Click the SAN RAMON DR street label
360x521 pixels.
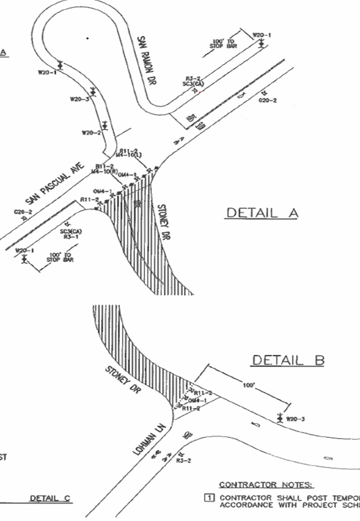147,61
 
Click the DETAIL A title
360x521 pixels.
262,213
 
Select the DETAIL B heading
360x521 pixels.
288,360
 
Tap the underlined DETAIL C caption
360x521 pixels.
50,498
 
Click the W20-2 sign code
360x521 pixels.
91,132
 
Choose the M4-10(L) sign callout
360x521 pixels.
128,156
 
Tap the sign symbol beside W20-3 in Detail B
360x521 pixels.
280,416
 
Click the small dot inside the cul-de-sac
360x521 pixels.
87,38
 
